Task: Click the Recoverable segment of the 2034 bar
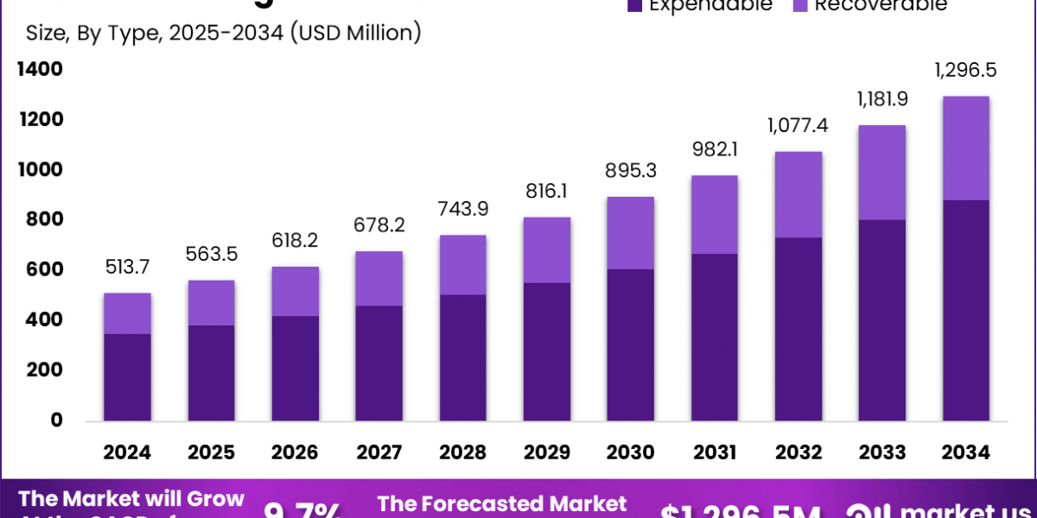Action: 966,148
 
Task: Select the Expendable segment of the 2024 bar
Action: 127,377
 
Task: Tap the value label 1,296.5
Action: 966,71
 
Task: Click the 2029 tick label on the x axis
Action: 546,452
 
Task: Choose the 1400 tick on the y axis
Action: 40,69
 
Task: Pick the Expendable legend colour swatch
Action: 636,5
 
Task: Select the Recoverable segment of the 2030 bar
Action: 630,233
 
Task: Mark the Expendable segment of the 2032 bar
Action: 798,329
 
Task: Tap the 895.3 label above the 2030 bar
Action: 630,172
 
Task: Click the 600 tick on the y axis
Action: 44,270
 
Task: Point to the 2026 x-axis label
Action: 295,452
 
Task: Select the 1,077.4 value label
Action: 798,127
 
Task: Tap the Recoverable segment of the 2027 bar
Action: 379,278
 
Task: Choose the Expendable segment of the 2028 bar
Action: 462,357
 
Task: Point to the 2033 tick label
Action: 881,452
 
